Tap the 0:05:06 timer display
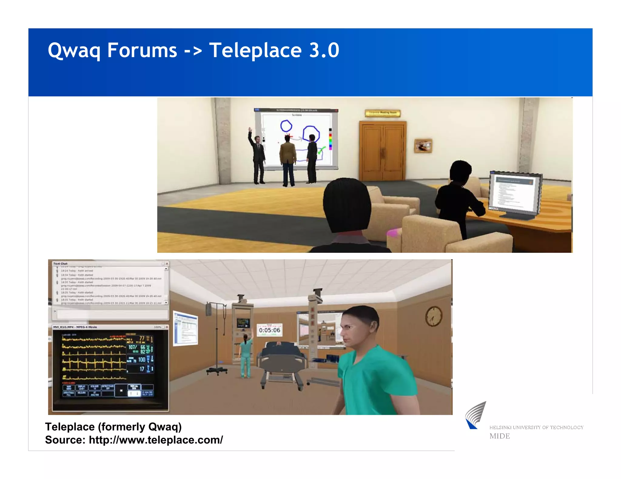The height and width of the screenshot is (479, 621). [269, 330]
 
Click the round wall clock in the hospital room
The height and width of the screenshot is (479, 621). [434, 316]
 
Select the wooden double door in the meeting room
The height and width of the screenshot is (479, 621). [382, 150]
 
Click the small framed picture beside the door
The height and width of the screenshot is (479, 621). [423, 146]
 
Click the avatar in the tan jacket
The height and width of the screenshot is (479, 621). [287, 160]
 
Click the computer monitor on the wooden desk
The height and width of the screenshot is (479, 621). [514, 194]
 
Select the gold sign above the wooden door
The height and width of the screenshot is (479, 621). [382, 113]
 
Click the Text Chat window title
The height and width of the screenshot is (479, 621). [60, 264]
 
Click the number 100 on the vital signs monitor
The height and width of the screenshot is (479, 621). [142, 359]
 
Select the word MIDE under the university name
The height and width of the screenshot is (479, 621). [499, 436]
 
